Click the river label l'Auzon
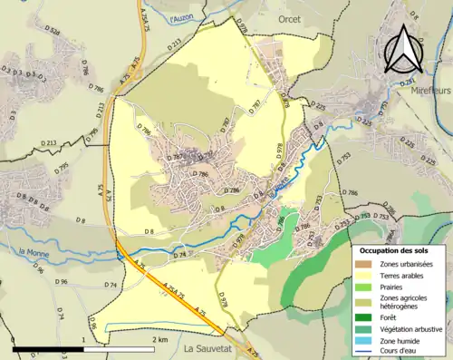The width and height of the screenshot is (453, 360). [x=183, y=18]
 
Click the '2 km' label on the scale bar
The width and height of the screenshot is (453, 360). [x=159, y=340]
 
